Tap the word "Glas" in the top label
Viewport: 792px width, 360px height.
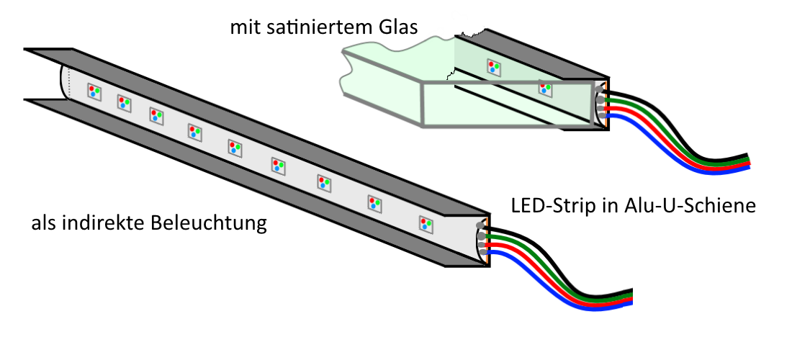(394, 28)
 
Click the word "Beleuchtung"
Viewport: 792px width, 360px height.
(208, 224)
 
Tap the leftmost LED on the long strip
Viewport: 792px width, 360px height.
(95, 91)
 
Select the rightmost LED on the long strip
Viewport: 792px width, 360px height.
(426, 223)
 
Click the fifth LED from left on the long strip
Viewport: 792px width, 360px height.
(235, 148)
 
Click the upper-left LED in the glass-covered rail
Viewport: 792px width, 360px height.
(494, 67)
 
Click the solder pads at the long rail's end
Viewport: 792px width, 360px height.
(482, 241)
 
